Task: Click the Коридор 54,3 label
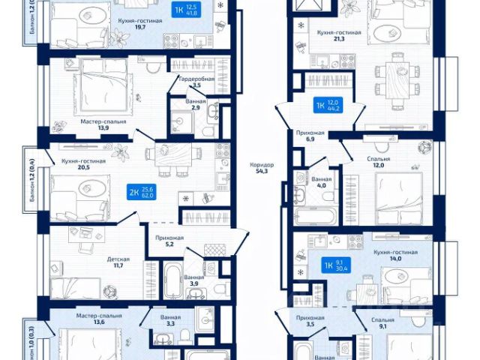point(263,169)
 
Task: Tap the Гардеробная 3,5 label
point(196,82)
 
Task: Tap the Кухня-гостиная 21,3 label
point(339,37)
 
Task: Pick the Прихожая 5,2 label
point(169,240)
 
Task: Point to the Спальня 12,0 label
point(378,163)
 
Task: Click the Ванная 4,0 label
point(322,184)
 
